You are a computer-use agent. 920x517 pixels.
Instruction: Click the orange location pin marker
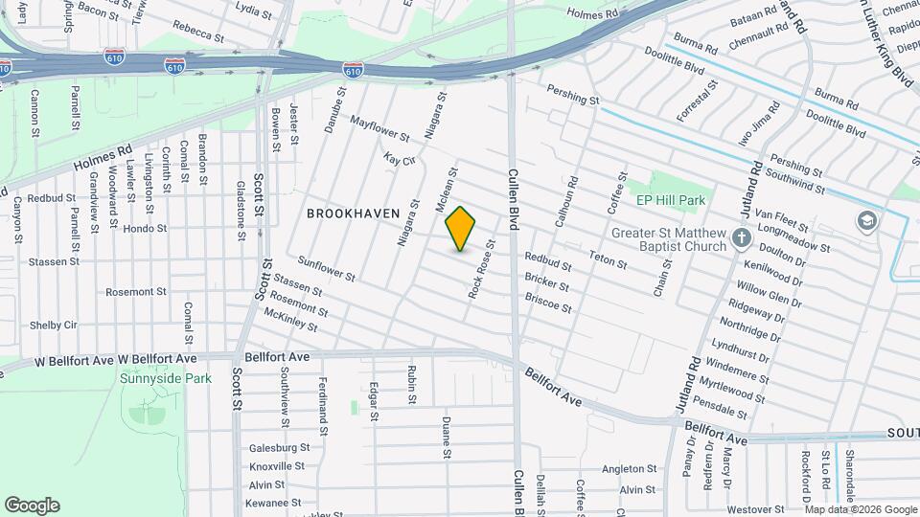pos(461,229)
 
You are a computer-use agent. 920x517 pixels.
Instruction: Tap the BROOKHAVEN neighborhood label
pos(353,214)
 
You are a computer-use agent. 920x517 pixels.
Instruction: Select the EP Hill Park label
pos(671,201)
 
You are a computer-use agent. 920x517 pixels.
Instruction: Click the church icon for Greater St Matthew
pos(741,237)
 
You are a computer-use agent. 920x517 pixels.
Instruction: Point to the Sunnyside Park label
pos(166,378)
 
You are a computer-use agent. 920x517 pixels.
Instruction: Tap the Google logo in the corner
pos(32,506)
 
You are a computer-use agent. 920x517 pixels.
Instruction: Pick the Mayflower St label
pos(379,129)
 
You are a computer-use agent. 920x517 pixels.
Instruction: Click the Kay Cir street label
pos(399,159)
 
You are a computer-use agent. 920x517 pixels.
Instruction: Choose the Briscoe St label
pos(548,303)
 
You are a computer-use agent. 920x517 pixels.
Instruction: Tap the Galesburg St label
pos(279,447)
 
